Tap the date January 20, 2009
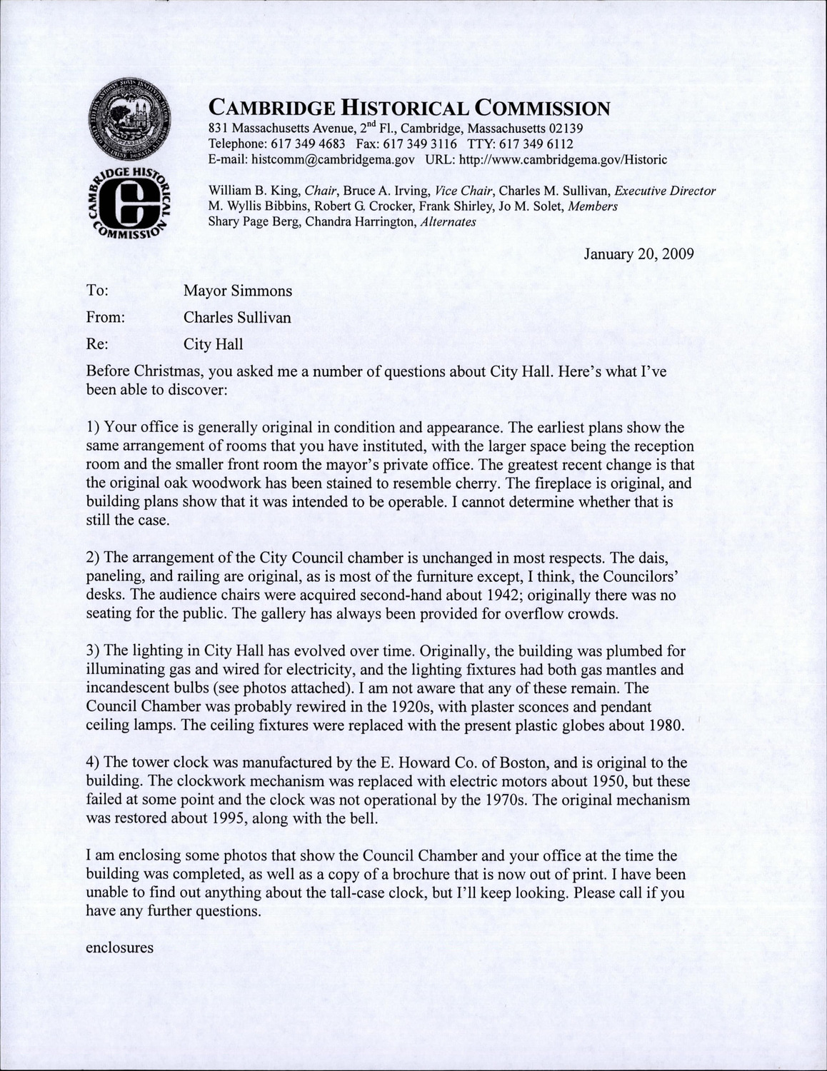tap(639, 253)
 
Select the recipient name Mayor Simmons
tap(238, 291)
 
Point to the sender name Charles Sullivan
tap(237, 318)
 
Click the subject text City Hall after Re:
tap(213, 344)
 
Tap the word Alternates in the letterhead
tap(448, 222)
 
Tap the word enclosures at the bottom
tap(119, 948)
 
